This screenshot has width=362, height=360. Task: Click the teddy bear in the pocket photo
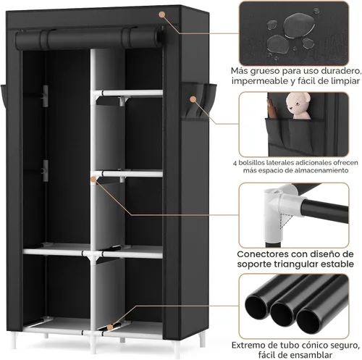point(298,106)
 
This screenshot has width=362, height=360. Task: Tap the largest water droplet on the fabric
point(299,25)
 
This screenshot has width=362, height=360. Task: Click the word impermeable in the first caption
point(260,81)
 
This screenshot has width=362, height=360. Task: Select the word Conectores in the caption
point(262,254)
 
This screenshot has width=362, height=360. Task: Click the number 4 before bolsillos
point(235,163)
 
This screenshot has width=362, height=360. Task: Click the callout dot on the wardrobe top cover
point(162,14)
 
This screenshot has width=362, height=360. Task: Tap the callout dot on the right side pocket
point(193,99)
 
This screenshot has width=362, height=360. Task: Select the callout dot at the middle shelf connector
point(93,179)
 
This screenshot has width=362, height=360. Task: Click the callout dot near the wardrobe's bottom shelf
point(110,327)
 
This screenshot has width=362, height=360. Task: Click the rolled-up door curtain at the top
point(88,38)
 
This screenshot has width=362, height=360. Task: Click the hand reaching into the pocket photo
point(271,109)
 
